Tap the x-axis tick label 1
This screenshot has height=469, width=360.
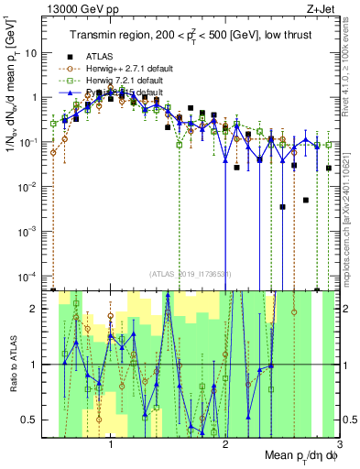click(111, 445)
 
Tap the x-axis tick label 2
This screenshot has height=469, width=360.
click(225, 445)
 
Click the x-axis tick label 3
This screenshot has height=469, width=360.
click(339, 445)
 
